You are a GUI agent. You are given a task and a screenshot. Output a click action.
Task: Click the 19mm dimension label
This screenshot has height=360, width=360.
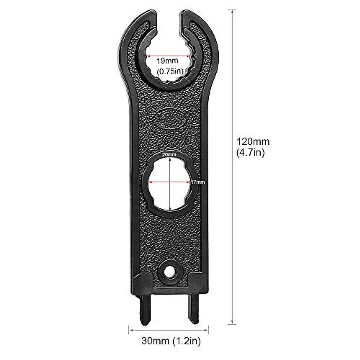(x=167, y=61)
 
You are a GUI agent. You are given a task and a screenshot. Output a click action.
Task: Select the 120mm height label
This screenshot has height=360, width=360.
(x=253, y=141)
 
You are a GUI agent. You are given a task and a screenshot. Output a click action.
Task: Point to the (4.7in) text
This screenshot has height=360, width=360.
(x=250, y=153)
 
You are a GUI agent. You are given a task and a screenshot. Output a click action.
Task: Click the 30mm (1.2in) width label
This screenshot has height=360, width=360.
(x=171, y=341)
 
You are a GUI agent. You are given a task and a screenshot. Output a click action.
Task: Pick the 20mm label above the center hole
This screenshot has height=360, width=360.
(x=169, y=154)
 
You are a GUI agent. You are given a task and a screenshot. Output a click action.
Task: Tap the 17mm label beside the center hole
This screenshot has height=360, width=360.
(x=197, y=182)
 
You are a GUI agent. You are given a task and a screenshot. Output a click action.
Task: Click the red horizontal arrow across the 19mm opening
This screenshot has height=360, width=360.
(x=168, y=55)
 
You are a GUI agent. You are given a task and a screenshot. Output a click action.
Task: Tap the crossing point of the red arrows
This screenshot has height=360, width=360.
(x=170, y=182)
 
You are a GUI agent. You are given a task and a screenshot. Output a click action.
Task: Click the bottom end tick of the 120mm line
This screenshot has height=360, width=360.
(x=232, y=324)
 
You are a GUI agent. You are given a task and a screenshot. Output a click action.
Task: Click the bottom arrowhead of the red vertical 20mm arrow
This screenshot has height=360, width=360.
(x=170, y=210)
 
